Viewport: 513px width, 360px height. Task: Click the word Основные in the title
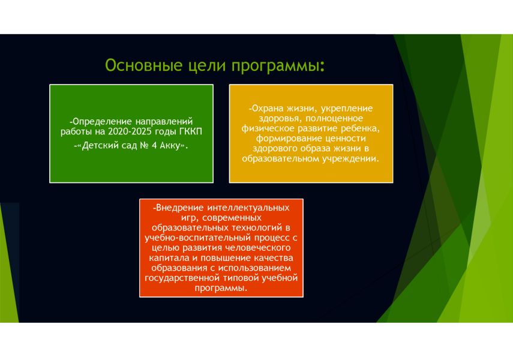pos(143,65)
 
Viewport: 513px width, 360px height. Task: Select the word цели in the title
pos(207,65)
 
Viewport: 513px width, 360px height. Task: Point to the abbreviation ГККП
pos(191,131)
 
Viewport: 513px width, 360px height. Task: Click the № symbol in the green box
pos(145,145)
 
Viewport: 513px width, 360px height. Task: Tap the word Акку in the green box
pos(170,146)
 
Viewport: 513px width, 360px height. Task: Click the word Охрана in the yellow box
pos(267,109)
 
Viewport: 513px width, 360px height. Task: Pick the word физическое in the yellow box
pos(268,128)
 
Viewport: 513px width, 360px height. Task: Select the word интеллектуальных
pos(248,208)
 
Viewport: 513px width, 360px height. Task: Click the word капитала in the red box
pos(169,258)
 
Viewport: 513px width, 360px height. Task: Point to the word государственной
pos(182,278)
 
